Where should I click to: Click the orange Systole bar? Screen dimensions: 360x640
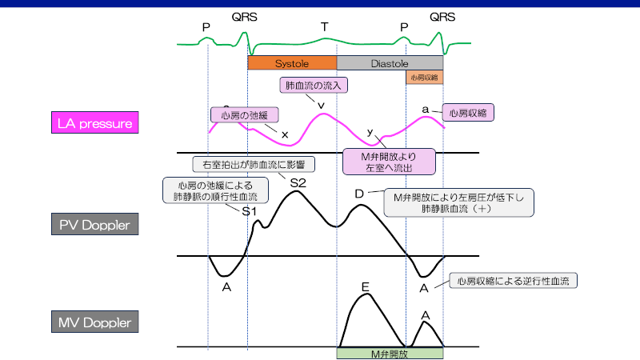click(x=292, y=62)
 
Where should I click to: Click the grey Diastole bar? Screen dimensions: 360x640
click(x=390, y=62)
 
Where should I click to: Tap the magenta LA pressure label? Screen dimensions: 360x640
click(x=94, y=123)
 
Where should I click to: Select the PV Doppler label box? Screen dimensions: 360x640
click(x=94, y=225)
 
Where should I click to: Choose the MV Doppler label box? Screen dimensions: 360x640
click(x=95, y=323)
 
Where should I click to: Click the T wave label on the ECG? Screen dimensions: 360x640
click(x=324, y=27)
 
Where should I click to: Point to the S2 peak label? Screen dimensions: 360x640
click(x=298, y=182)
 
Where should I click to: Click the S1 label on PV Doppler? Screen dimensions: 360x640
click(x=250, y=212)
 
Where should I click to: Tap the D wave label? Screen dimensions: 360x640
click(x=359, y=194)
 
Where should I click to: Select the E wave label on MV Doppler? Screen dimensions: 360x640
click(x=365, y=286)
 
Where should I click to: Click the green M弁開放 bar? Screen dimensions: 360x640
click(x=390, y=353)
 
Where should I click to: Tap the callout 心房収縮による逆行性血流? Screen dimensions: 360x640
click(x=514, y=281)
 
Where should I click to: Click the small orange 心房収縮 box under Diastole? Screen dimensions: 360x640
click(x=424, y=78)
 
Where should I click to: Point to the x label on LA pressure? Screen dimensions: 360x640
click(x=285, y=134)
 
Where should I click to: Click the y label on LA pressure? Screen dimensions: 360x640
click(x=370, y=131)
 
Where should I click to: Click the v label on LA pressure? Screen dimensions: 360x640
click(x=321, y=105)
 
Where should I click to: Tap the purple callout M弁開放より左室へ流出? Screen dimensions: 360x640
click(x=389, y=160)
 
